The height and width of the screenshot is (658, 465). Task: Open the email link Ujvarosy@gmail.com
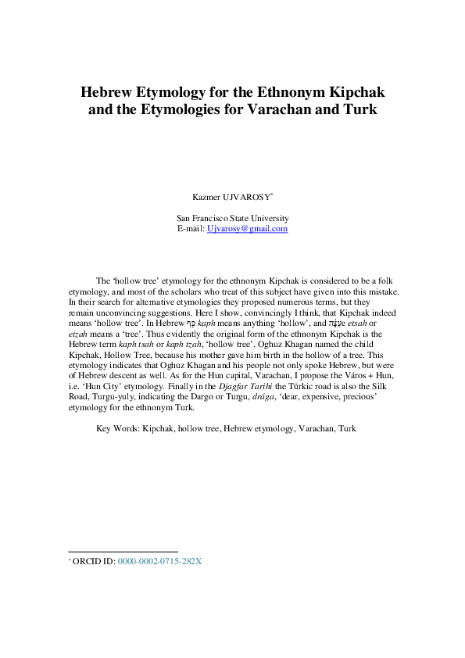[x=247, y=228]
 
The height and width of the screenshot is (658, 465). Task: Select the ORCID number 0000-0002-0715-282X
[x=159, y=561]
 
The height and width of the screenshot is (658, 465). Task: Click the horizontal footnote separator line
[x=123, y=551]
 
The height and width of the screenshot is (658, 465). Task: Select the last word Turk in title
[x=359, y=110]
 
